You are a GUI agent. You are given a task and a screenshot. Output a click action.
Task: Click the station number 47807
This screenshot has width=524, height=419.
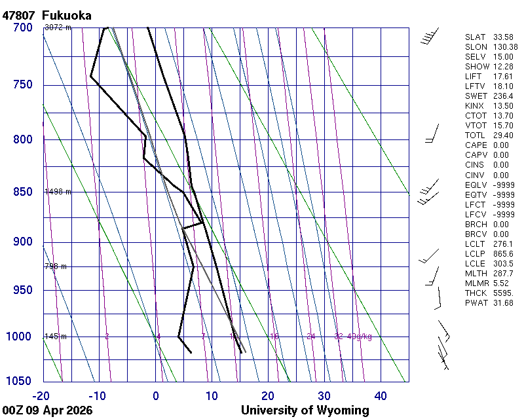click(x=19, y=15)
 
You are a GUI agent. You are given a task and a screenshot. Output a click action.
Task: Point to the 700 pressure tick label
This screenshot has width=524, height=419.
click(x=22, y=27)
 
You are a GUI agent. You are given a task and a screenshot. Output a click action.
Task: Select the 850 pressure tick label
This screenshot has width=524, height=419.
click(x=22, y=192)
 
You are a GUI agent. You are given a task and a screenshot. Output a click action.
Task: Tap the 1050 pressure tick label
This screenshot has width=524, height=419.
click(x=19, y=381)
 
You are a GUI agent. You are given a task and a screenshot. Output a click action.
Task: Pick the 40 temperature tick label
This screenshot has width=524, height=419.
click(x=381, y=395)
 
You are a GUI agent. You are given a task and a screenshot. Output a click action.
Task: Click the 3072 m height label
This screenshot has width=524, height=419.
click(x=58, y=27)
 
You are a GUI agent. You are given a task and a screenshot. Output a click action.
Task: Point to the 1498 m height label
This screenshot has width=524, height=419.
click(x=58, y=192)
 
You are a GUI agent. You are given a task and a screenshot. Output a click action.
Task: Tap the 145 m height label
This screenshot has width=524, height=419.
click(x=55, y=337)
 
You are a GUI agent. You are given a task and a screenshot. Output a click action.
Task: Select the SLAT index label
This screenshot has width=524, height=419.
click(x=475, y=37)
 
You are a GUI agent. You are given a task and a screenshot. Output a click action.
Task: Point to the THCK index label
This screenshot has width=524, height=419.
click(x=476, y=293)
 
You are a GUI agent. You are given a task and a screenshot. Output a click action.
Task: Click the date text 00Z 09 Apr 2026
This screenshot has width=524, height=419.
click(x=47, y=410)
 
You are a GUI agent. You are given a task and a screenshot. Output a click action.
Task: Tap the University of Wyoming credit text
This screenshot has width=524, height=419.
click(x=305, y=410)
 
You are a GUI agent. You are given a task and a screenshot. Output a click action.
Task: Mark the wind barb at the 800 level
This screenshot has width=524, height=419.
click(x=432, y=134)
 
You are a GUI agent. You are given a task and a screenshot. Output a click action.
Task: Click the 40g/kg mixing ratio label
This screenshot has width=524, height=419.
click(x=360, y=337)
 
